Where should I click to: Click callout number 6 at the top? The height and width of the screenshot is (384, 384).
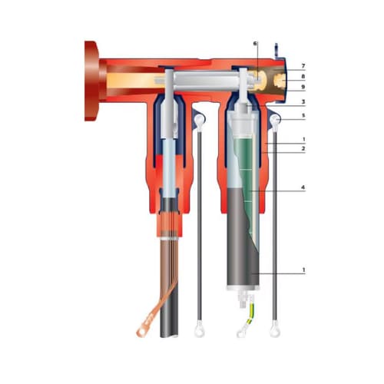click(x=255, y=44)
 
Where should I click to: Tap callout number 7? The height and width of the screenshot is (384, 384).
click(x=303, y=66)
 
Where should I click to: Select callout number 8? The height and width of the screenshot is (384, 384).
click(x=303, y=76)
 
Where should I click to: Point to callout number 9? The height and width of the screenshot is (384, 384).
click(x=303, y=87)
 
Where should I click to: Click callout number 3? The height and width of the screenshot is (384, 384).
click(x=303, y=102)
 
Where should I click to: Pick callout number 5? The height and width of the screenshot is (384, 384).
click(x=303, y=115)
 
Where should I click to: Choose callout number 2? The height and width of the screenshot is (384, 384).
click(x=303, y=148)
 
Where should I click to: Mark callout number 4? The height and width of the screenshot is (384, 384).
click(x=303, y=187)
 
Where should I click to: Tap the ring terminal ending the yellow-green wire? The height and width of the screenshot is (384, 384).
click(x=241, y=333)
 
